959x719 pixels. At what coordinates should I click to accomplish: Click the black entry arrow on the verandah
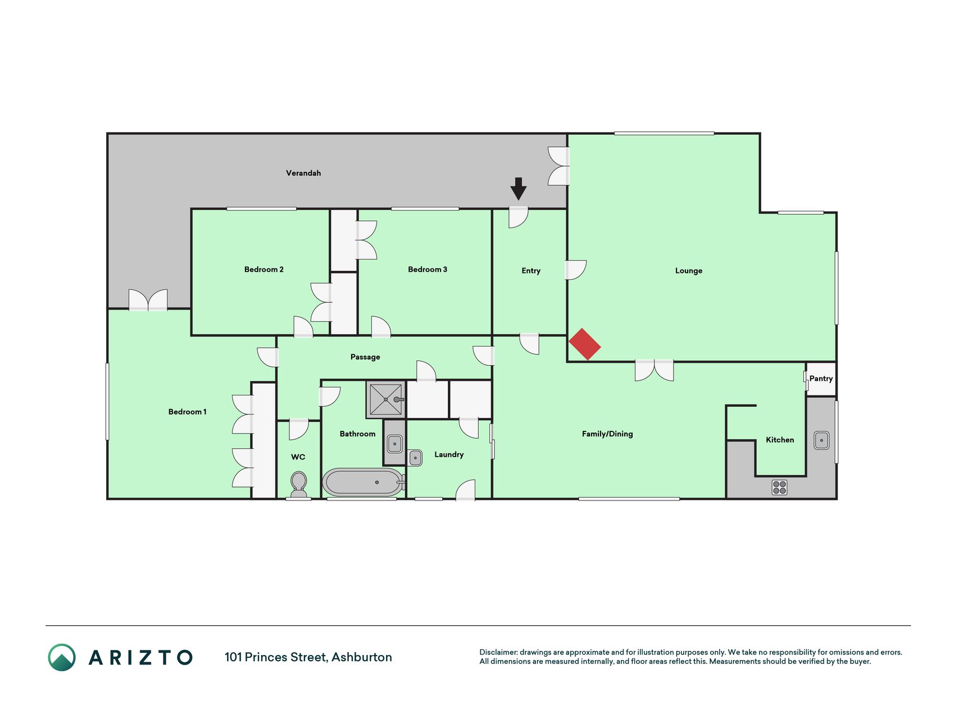(x=519, y=189)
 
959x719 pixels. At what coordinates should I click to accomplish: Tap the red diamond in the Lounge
(x=585, y=344)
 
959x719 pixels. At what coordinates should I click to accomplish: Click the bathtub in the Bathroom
(x=364, y=482)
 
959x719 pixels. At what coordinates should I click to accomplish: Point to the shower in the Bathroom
(x=386, y=399)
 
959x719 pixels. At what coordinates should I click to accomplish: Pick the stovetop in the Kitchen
(x=779, y=487)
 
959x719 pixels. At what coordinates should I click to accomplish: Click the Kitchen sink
(x=821, y=440)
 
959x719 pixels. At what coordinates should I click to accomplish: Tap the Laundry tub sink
(x=415, y=458)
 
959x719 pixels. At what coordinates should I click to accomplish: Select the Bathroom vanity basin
(x=394, y=444)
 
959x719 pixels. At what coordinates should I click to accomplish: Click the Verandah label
(x=303, y=173)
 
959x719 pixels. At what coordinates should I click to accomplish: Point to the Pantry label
(x=821, y=379)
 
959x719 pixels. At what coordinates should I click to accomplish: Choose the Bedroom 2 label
(x=264, y=270)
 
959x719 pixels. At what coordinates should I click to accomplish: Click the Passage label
(x=365, y=357)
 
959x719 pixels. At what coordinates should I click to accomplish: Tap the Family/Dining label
(x=607, y=434)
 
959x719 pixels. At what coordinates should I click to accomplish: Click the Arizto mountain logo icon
(x=62, y=657)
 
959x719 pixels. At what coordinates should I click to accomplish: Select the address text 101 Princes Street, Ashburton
(x=308, y=657)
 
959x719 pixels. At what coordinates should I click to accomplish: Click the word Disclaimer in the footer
(x=498, y=652)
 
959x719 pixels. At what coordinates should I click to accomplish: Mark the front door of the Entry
(x=519, y=217)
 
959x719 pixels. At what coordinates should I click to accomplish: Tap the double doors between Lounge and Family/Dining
(x=654, y=371)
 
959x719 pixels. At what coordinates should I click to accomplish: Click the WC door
(x=298, y=429)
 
